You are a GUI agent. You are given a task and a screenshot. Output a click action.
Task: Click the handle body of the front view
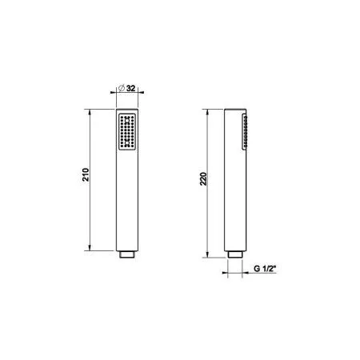126,200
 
